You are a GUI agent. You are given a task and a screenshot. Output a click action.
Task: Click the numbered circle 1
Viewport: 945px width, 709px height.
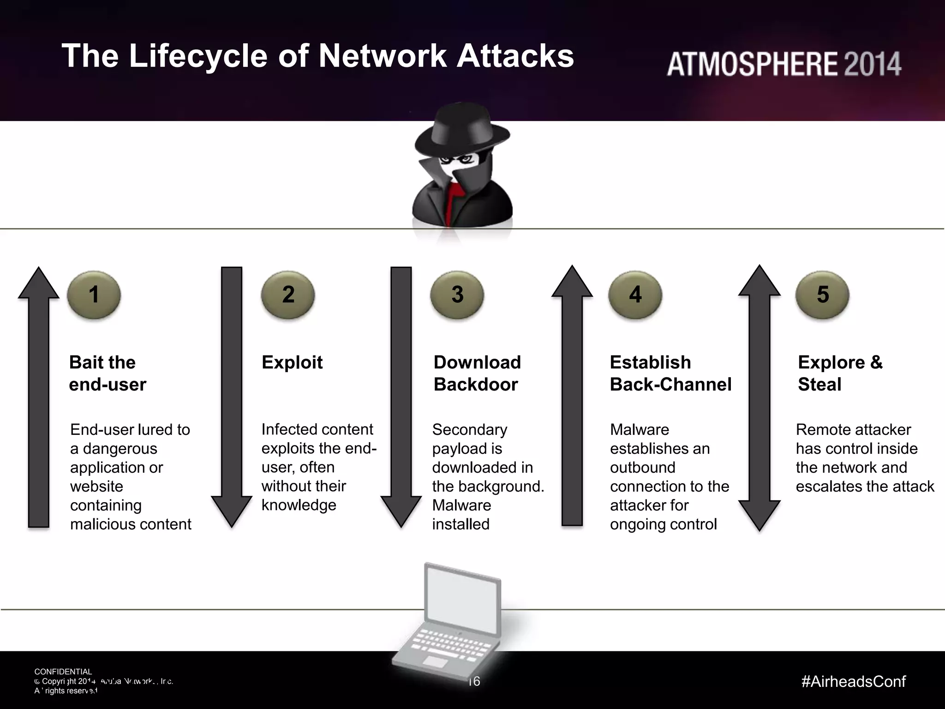[x=94, y=294]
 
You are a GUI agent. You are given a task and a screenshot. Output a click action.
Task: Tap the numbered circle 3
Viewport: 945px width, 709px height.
[x=457, y=294]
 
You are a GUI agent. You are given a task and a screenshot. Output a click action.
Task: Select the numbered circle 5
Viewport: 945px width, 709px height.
[x=822, y=294]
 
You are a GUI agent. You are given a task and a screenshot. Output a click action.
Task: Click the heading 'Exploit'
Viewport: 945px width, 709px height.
[x=292, y=362]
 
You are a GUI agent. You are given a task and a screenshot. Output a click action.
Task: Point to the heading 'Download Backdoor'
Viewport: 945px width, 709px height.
[x=477, y=373]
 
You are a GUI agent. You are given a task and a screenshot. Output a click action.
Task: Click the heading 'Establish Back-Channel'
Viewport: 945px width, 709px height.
[x=670, y=373]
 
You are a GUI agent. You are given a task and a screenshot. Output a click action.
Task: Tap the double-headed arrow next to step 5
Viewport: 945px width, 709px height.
[x=759, y=397]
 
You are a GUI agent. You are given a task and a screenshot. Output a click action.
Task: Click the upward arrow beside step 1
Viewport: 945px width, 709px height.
[x=39, y=397]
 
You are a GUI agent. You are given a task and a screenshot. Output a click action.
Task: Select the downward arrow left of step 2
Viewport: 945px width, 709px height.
[x=232, y=397]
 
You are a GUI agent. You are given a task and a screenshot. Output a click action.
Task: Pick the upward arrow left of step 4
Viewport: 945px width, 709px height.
[x=572, y=397]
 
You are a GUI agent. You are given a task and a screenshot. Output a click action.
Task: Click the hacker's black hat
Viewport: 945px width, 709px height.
[x=461, y=129]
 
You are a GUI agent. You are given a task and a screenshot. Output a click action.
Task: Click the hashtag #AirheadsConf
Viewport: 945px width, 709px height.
[x=854, y=681]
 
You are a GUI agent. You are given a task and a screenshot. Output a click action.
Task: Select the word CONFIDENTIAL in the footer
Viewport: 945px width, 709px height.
[x=63, y=672]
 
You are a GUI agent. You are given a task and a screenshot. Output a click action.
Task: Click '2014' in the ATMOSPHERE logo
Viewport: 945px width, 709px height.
[x=872, y=64]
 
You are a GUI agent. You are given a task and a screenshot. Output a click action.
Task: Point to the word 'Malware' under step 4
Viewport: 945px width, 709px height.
[x=639, y=430]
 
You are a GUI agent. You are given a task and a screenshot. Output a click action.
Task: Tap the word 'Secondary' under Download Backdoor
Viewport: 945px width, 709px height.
[x=469, y=430]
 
